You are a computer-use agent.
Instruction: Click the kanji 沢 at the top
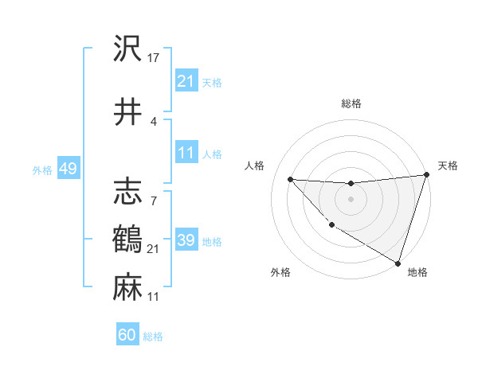127,50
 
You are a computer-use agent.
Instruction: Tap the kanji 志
127,192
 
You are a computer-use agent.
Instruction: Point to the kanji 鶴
127,239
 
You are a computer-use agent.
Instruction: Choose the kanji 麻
127,286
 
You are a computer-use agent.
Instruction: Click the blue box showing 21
186,81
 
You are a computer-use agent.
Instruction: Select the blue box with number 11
186,154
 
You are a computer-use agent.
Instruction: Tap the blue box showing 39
186,241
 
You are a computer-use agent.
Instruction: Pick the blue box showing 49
68,169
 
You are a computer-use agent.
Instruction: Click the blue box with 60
127,335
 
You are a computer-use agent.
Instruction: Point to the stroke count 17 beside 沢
155,57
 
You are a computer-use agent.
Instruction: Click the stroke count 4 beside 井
153,121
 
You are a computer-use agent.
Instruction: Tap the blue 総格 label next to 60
153,337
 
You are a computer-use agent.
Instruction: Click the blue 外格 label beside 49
42,170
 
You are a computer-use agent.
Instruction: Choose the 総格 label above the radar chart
351,103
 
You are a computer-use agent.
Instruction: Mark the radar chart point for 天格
426,176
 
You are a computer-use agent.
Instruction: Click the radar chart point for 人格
290,179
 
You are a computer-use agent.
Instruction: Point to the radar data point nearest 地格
398,263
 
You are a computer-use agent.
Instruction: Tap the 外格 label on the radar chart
280,272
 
